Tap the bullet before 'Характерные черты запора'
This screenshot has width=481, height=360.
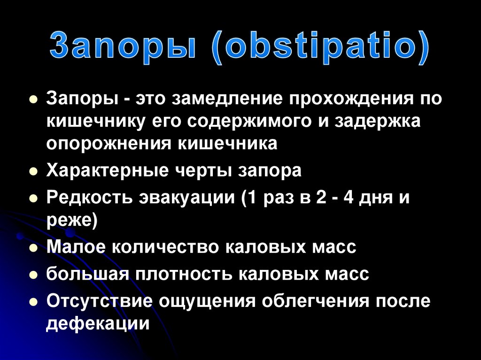tap(33, 172)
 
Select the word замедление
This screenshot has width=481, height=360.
tap(229, 99)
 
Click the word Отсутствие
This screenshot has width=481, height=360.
tap(99, 301)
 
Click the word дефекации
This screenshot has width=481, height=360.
tap(98, 323)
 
